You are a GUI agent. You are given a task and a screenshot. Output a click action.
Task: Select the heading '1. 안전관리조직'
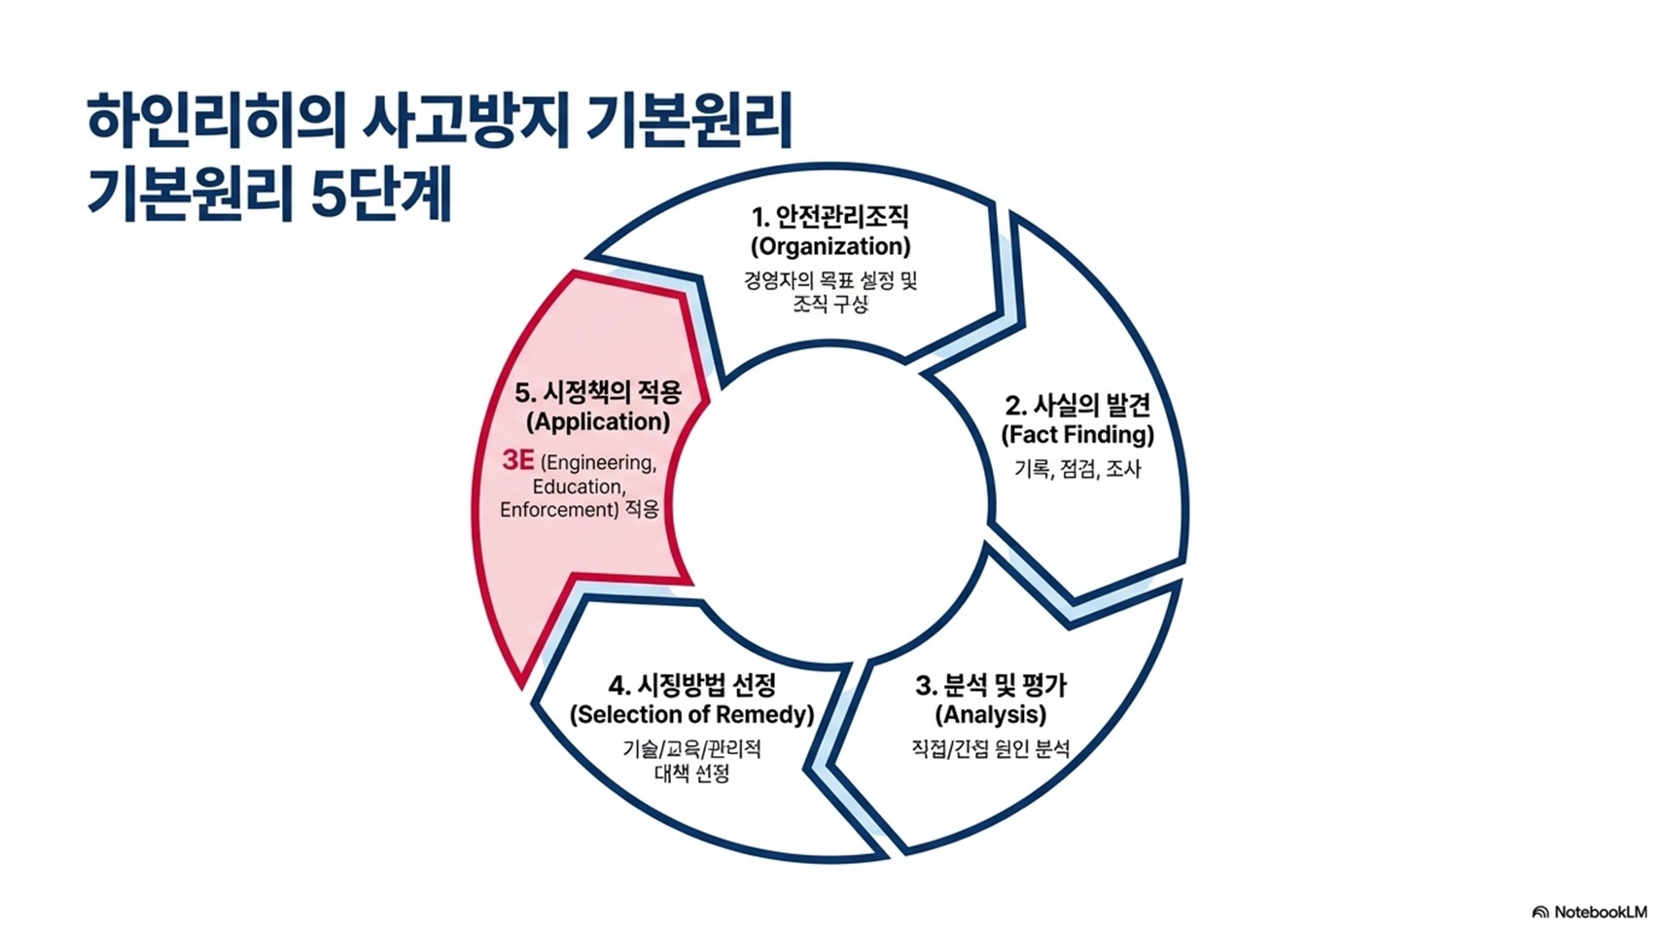click(830, 216)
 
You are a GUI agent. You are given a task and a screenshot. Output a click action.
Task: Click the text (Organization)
click(830, 246)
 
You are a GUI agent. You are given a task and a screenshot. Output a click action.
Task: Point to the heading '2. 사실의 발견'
click(1077, 404)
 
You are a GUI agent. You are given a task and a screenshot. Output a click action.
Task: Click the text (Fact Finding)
click(1077, 434)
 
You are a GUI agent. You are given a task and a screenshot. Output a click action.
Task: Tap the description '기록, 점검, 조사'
click(1077, 469)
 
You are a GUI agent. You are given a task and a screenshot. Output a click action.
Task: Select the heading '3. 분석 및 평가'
click(991, 685)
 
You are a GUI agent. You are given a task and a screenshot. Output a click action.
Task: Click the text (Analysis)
click(991, 715)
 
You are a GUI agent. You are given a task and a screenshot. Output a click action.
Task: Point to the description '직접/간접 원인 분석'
click(991, 749)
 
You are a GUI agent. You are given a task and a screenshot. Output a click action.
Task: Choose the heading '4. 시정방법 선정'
click(692, 685)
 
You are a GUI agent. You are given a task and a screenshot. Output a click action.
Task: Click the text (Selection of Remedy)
click(692, 715)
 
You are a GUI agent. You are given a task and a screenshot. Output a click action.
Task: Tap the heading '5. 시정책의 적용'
click(598, 392)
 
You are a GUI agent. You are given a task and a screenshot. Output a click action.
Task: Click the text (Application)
click(598, 422)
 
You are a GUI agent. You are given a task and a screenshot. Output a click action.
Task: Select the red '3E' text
click(517, 460)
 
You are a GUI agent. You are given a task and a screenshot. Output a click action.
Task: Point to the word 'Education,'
click(580, 486)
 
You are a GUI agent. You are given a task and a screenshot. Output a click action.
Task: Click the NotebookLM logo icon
click(1539, 913)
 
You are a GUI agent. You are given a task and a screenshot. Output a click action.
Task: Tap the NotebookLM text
click(1600, 913)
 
